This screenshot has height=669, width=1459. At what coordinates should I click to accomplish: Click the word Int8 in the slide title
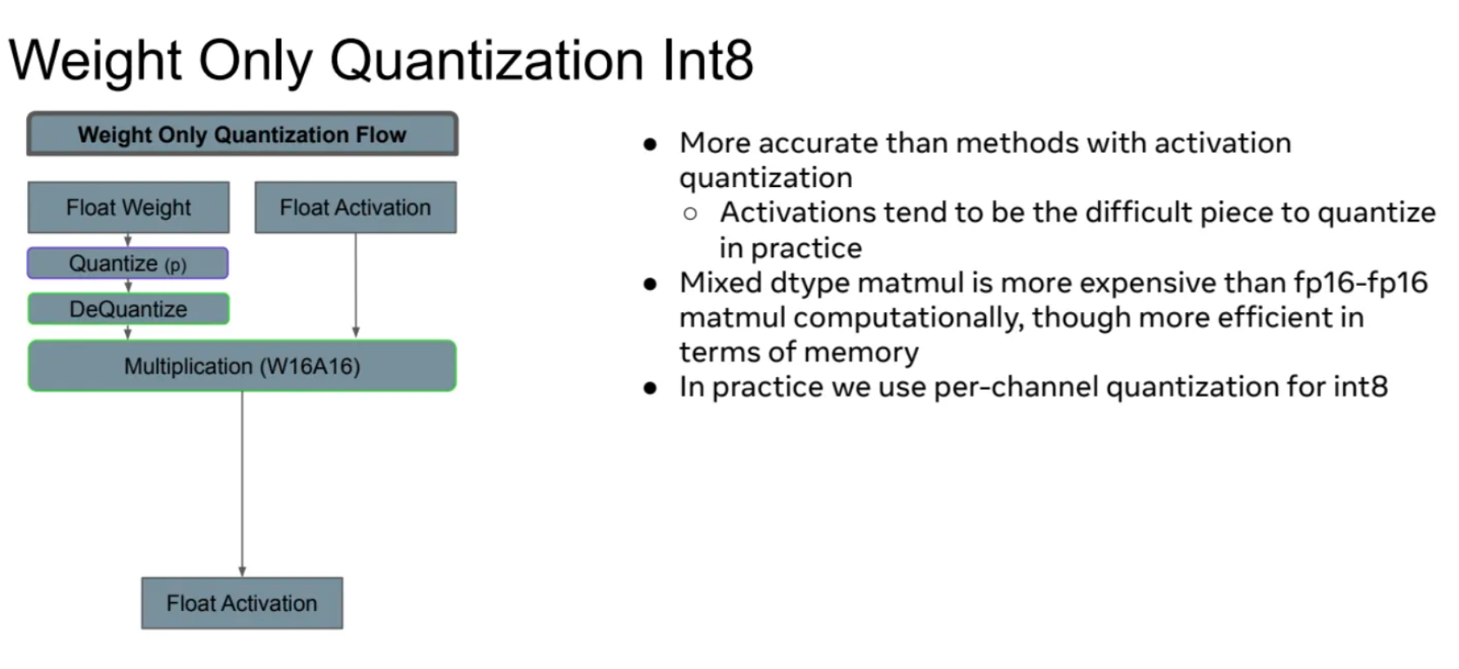point(707,60)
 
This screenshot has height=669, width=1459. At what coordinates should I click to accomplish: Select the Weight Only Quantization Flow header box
point(242,134)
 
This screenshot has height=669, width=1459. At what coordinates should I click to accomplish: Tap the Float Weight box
point(128,207)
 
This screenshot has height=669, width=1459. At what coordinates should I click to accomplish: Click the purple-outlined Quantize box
point(127,263)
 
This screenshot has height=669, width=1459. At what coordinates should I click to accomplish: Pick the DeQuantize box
point(128,309)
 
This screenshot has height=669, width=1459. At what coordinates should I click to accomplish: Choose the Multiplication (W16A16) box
point(242,366)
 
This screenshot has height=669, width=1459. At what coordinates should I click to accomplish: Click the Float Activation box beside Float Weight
point(355,207)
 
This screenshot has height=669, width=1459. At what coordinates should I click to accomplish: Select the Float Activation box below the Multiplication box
point(242,603)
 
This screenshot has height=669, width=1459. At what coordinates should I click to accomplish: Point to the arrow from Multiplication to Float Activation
point(242,484)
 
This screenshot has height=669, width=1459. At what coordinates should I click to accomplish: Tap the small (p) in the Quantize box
point(176,265)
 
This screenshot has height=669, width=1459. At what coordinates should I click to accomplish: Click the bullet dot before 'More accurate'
point(650,145)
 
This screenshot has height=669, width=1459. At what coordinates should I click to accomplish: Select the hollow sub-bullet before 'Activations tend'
point(690,214)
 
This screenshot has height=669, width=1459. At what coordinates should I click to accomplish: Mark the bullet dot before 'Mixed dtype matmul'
point(650,284)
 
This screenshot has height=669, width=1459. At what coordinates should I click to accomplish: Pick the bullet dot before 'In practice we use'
point(650,388)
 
